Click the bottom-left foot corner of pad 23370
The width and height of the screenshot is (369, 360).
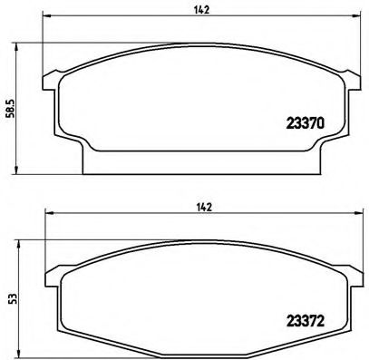click(85, 170)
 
